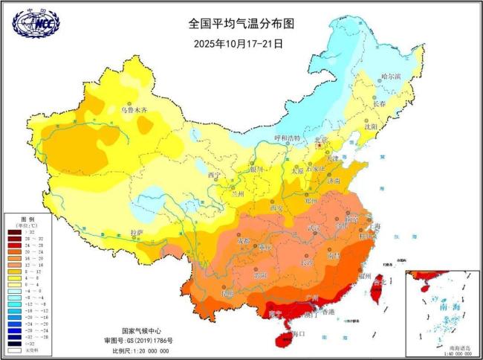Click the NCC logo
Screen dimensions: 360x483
[35, 22]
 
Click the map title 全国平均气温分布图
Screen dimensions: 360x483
[241, 24]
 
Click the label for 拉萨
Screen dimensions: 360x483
[137, 232]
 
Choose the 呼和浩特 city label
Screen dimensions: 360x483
[287, 138]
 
